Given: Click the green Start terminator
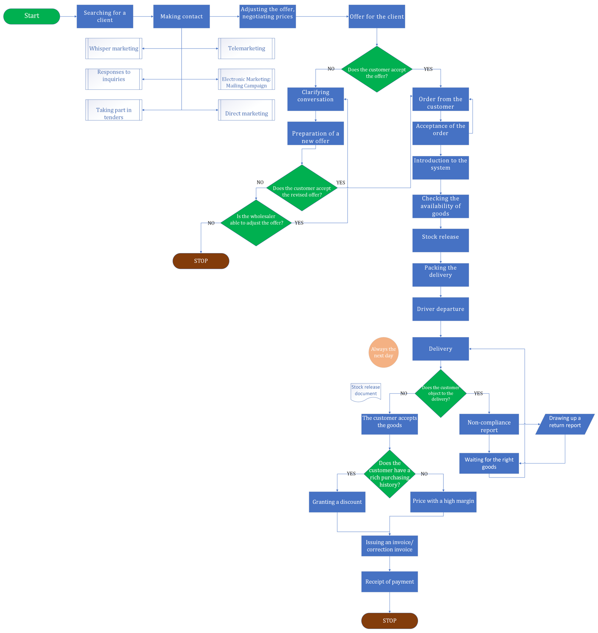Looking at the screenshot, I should click(32, 16).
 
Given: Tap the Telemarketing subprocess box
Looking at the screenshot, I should click(246, 49).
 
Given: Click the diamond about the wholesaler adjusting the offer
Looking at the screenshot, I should click(256, 223).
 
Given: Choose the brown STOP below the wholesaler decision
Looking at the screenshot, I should click(201, 261).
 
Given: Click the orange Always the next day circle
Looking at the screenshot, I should click(383, 352).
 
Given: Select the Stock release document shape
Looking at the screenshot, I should click(366, 391).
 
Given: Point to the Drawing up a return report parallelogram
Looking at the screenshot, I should click(565, 424).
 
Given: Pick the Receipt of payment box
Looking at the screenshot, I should click(390, 582).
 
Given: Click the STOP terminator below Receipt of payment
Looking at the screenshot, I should click(390, 621).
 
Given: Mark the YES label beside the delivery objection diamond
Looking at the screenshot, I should click(478, 394).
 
